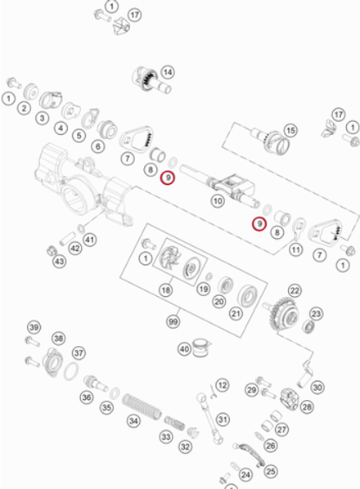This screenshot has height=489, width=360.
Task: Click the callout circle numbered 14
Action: (x=168, y=72)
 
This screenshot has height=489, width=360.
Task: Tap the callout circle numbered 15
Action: (x=290, y=130)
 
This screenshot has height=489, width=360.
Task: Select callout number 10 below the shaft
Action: (x=218, y=200)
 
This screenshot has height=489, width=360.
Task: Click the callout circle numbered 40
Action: (x=185, y=349)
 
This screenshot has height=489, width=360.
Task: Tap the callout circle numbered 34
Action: (x=133, y=423)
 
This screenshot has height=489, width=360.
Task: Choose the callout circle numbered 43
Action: (x=59, y=261)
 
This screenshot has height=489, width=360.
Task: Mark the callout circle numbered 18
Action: (x=166, y=289)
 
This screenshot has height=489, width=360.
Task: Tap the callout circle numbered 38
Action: (x=58, y=338)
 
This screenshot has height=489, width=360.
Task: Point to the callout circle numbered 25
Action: (x=271, y=471)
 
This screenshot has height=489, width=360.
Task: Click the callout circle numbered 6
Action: (x=97, y=146)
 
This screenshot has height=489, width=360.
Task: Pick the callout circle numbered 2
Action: (x=24, y=108)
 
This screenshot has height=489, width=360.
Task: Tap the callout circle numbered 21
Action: (x=236, y=312)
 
